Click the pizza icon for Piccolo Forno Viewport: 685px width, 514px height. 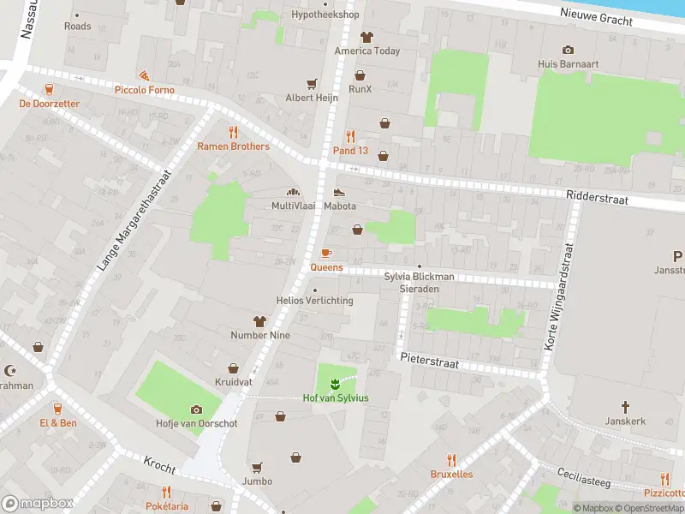click(144, 76)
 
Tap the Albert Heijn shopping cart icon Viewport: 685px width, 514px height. click(312, 84)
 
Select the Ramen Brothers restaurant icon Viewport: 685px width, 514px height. click(233, 132)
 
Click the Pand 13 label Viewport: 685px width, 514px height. click(350, 151)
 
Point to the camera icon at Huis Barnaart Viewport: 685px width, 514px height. click(567, 50)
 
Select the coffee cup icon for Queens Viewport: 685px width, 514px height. click(325, 253)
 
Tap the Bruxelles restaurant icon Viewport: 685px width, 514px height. click(451, 460)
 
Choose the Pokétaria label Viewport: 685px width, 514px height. click(166, 506)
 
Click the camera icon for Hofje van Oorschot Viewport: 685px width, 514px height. click(196, 409)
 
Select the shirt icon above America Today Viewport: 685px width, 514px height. click(366, 37)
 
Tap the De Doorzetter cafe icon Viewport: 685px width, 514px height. click(49, 89)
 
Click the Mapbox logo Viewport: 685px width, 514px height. click(38, 503)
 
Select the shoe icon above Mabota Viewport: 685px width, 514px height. click(339, 192)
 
